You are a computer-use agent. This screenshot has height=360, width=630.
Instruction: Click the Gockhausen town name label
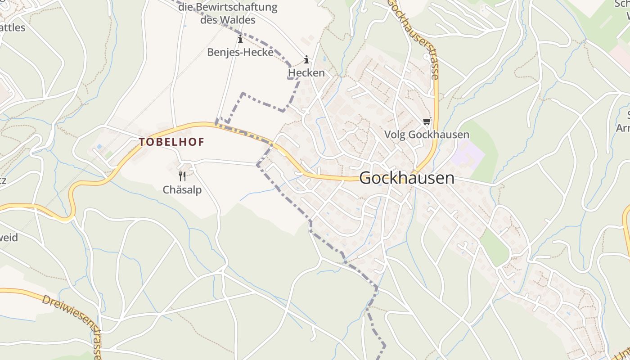[x=407, y=178]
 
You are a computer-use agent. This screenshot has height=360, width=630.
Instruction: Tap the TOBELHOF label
[x=171, y=142]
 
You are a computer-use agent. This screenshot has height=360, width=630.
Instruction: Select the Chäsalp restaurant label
[x=182, y=190]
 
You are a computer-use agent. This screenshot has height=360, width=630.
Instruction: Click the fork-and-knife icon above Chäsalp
[x=182, y=176]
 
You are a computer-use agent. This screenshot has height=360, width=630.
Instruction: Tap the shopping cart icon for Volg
[x=427, y=121]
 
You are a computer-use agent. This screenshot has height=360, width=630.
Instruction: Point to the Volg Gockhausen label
[x=427, y=135]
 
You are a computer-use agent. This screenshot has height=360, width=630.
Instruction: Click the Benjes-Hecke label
[x=240, y=52]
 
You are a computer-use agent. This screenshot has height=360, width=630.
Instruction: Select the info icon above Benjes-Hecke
[x=240, y=39]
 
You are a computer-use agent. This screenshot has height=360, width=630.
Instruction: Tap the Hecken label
[x=306, y=72]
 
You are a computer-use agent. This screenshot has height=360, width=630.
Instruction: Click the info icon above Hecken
[x=306, y=59]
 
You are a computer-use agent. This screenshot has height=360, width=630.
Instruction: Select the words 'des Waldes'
[x=228, y=20]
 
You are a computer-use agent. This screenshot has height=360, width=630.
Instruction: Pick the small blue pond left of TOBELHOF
[x=99, y=147]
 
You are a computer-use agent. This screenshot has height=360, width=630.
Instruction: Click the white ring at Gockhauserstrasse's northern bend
[x=426, y=57]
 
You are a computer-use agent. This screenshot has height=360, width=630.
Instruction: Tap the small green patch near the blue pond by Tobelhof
[x=108, y=154]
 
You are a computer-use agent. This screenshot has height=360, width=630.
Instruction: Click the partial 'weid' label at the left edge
[x=9, y=237]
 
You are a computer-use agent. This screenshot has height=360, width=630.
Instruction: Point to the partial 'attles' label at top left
[x=13, y=27]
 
